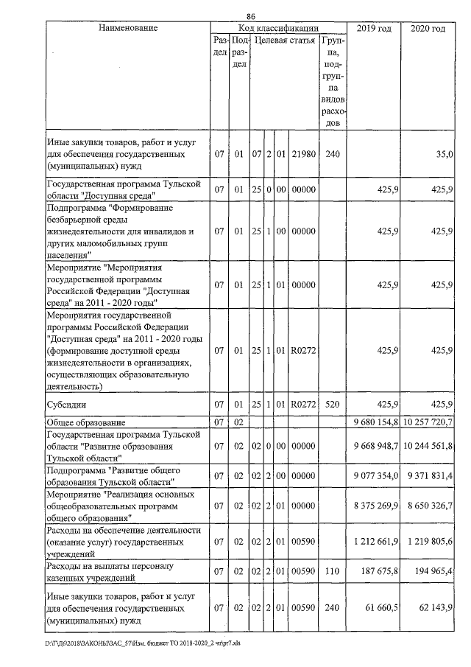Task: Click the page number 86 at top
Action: (x=251, y=16)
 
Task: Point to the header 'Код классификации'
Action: (x=273, y=28)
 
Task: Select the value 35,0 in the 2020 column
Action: (x=443, y=156)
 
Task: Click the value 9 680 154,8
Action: (x=373, y=422)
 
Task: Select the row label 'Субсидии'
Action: (x=68, y=405)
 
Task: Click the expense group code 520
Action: (x=332, y=405)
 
